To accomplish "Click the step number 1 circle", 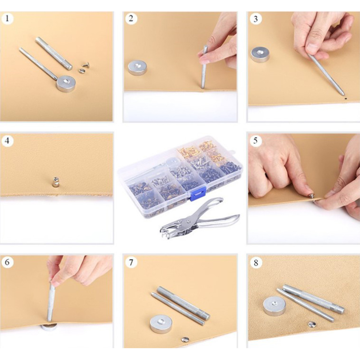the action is [x=7, y=18].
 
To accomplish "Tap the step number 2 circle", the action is [x=131, y=18].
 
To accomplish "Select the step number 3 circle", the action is [x=256, y=19].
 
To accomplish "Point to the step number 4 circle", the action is [x=7, y=140].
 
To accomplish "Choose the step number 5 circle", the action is [x=256, y=140].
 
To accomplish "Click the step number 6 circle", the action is [x=7, y=262].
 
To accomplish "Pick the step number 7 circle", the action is [x=131, y=262].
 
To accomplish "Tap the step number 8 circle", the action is [x=256, y=262].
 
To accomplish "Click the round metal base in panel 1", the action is [x=66, y=83].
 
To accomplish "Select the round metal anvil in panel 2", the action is [x=137, y=67].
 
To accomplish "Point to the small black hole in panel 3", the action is [x=346, y=98].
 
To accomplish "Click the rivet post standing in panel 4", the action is [x=55, y=182].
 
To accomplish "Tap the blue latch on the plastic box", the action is [x=198, y=193].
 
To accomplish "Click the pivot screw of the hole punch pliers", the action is [x=188, y=221].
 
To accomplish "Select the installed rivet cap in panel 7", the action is [x=185, y=339].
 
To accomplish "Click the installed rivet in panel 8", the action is [x=311, y=324].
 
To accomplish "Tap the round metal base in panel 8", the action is [x=274, y=306].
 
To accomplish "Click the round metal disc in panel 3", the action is [x=260, y=54].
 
